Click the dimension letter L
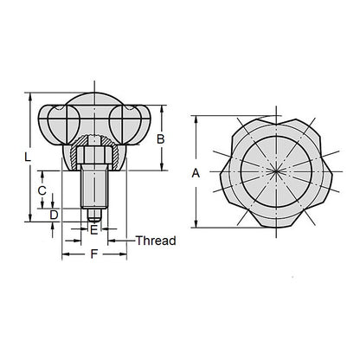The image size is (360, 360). (29, 157)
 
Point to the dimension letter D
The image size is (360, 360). (54, 214)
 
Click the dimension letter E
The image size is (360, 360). (93, 230)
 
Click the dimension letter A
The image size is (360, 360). (196, 173)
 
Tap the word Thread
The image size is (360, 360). (156, 241)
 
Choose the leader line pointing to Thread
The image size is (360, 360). (121, 241)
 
